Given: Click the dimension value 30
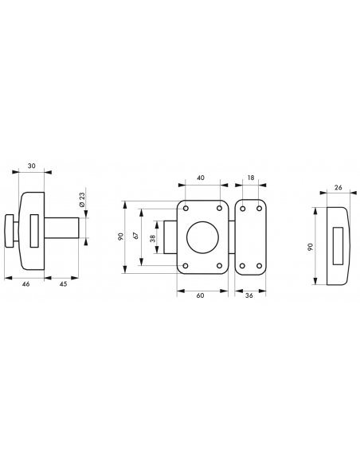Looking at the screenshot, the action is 31,166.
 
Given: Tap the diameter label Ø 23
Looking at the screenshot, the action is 82,200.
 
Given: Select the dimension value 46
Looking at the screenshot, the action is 26,283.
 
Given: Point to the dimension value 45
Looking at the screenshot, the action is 64,283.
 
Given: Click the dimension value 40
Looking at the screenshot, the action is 201,178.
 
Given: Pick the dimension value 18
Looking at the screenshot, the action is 251,178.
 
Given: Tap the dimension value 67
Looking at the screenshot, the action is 136,236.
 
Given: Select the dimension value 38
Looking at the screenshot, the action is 153,238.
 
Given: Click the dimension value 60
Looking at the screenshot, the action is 201,295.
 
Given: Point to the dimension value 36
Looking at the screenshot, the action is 249,295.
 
